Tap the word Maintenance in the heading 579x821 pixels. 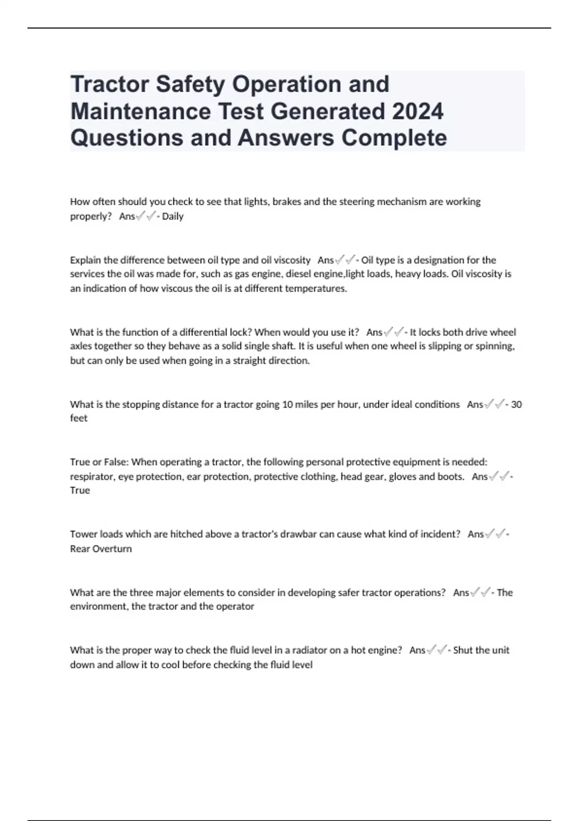[140, 111]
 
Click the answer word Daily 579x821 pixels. [173, 216]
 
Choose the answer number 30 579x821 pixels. [516, 405]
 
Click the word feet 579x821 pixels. [79, 418]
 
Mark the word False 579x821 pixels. [114, 462]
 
